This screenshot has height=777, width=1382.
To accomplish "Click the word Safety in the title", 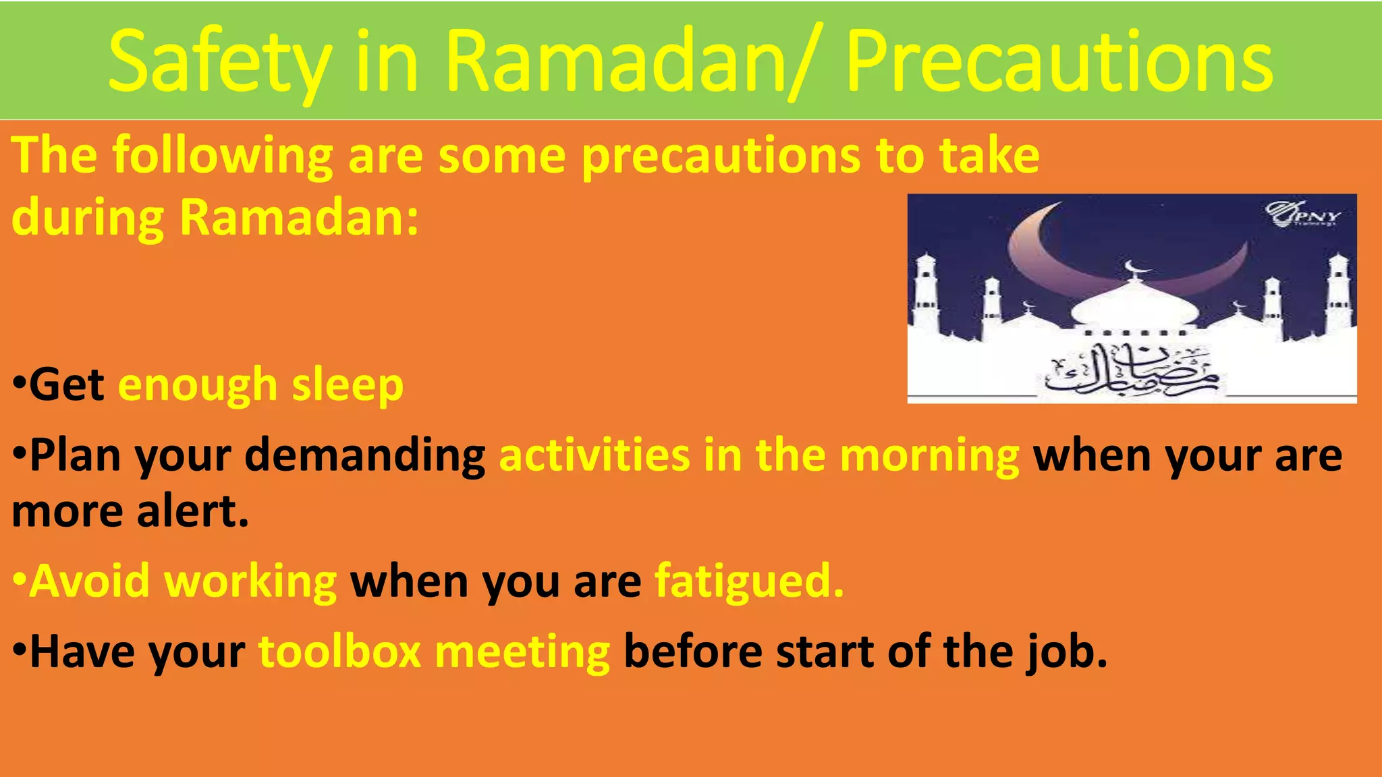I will [219, 62].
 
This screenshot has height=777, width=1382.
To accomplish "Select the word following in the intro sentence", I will [223, 156].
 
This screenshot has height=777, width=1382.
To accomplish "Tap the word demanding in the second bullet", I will [364, 456].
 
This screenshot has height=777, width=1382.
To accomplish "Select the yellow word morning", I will [929, 456].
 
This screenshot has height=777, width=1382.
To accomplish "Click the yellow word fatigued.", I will [749, 581].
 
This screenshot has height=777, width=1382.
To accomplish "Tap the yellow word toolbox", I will [340, 652].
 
